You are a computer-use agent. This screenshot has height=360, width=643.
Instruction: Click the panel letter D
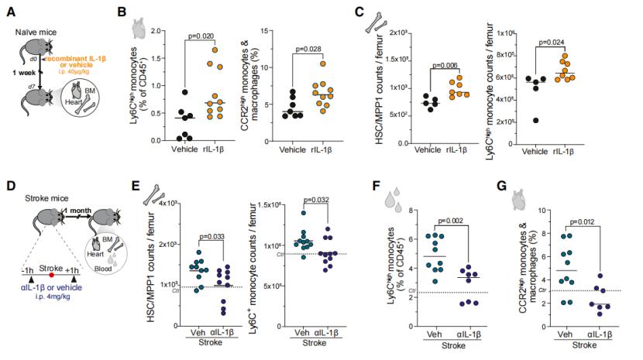[x=9, y=187]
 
